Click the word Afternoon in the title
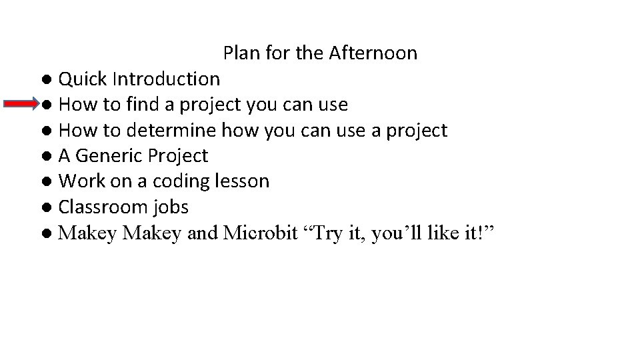coord(373,53)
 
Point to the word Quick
coord(83,79)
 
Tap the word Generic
coord(108,156)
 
